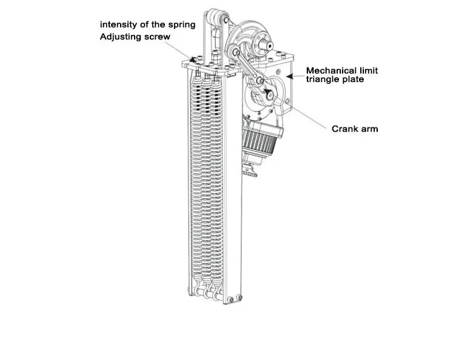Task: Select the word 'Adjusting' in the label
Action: coord(121,37)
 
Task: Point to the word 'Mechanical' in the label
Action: coord(335,70)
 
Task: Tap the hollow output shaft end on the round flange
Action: coord(264,44)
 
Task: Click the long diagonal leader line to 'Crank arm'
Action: coord(300,110)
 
